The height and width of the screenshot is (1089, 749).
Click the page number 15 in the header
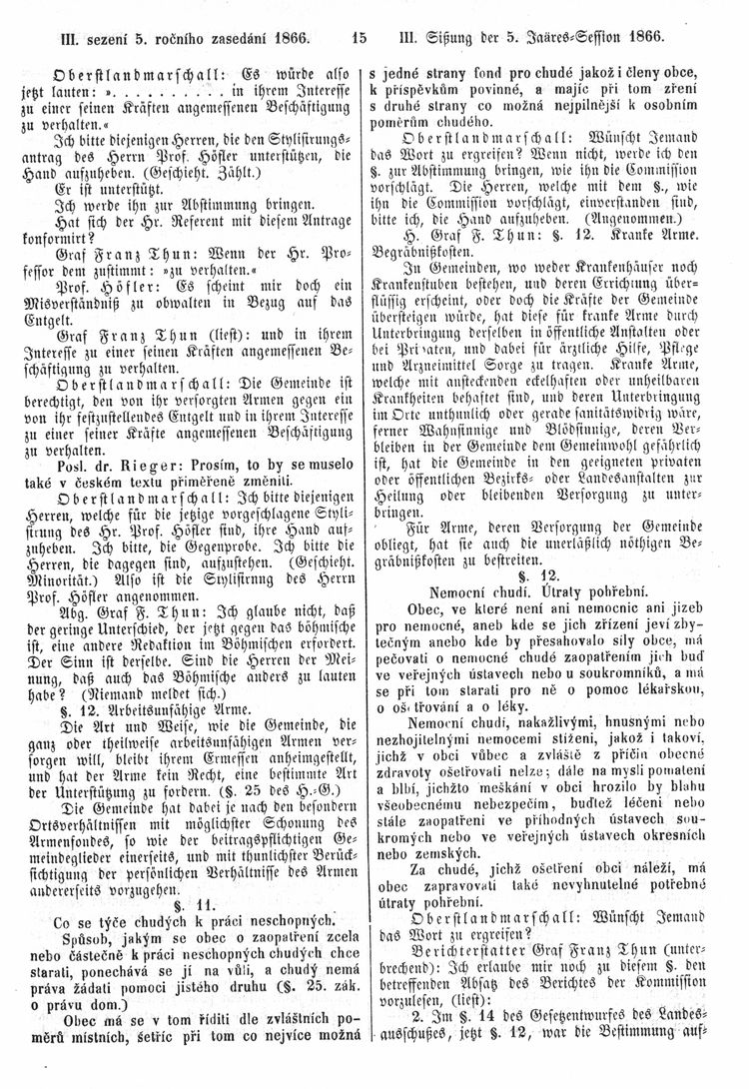[360, 39]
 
